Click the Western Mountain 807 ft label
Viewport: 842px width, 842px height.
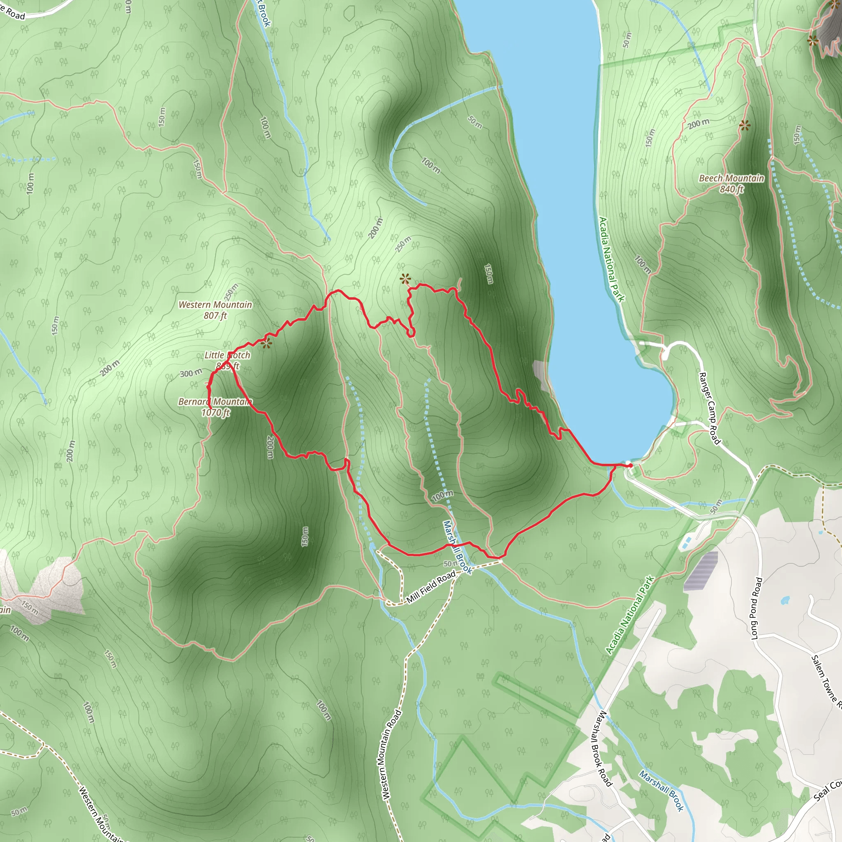(215, 310)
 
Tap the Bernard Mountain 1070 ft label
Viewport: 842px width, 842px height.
(215, 407)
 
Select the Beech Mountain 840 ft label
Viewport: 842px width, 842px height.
(731, 183)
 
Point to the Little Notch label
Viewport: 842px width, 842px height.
(227, 355)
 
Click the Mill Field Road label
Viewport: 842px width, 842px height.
(431, 588)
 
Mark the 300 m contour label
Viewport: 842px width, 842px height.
(191, 373)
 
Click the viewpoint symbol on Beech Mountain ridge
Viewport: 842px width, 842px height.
(745, 126)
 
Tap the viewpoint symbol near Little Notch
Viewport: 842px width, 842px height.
(266, 343)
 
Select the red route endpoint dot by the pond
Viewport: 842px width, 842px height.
(631, 465)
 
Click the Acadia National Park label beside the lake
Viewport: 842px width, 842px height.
(611, 259)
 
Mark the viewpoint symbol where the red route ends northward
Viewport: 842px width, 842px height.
(405, 278)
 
